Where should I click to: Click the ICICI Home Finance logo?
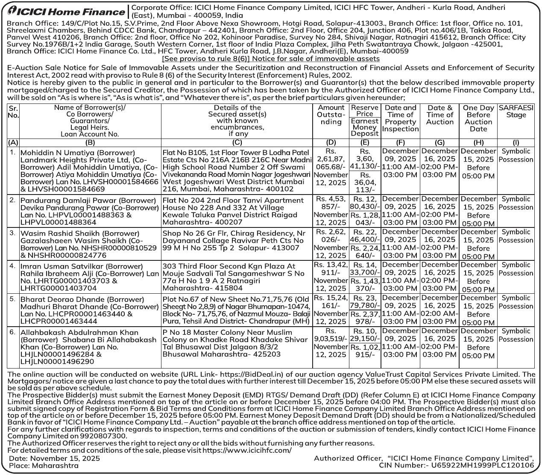coord(67,12)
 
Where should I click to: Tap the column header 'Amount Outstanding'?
coord(331,115)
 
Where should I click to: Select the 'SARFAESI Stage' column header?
coord(516,112)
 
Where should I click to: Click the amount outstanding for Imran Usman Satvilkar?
coord(331,276)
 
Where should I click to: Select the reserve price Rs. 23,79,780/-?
coord(365,302)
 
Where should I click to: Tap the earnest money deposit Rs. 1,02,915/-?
coord(365,351)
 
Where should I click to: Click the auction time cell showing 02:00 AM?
coord(439,314)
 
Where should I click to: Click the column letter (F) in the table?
coord(400,143)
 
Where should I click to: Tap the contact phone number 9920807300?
coord(94,436)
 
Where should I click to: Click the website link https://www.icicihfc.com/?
coord(247,450)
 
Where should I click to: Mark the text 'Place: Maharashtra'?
coord(44,465)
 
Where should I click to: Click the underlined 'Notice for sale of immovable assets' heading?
coord(271,59)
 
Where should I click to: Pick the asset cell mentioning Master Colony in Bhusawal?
coord(237,343)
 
